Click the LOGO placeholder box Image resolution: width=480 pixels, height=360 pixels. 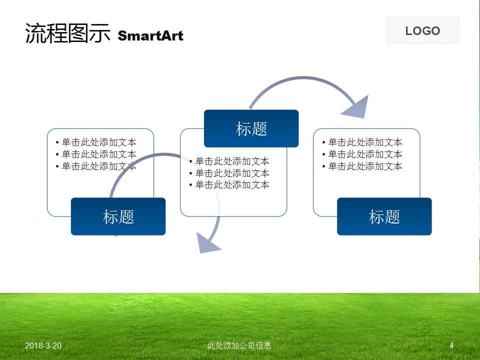coord(423,31)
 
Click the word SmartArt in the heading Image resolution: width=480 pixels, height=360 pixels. coord(150,36)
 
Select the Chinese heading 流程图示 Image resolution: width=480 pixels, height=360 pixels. coord(67,33)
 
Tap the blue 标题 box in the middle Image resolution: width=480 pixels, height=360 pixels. coord(251,128)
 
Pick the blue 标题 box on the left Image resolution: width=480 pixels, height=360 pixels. coord(118,216)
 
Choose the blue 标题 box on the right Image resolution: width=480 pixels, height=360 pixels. coord(384,216)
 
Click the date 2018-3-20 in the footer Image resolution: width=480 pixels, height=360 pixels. coord(43,346)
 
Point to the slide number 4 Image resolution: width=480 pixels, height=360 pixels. coord(451,346)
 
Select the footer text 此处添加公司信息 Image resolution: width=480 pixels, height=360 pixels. coord(239,346)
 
